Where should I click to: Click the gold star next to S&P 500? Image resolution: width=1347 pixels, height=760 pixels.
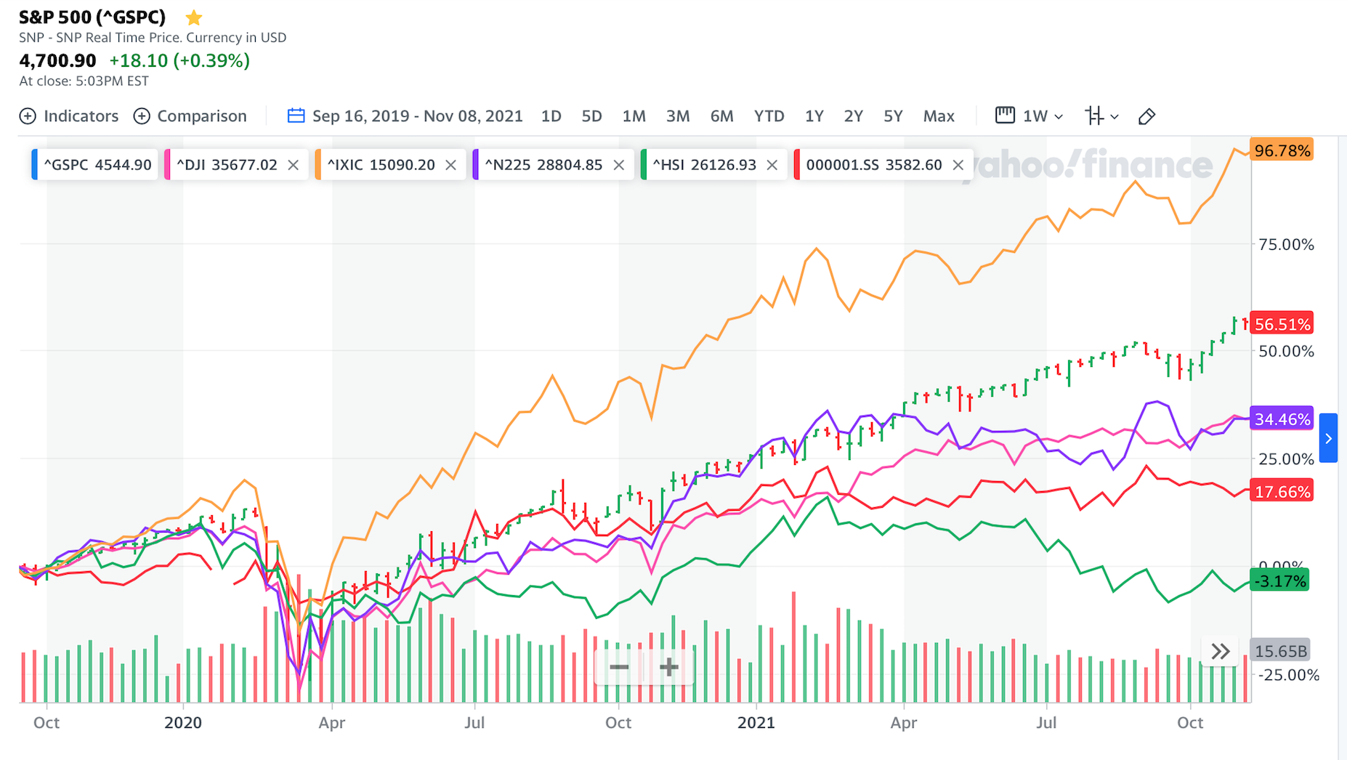click(x=194, y=17)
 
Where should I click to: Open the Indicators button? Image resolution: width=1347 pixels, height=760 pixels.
click(x=69, y=116)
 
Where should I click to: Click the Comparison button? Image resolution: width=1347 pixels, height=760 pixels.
click(x=190, y=116)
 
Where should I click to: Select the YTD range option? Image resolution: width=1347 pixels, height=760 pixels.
click(x=769, y=116)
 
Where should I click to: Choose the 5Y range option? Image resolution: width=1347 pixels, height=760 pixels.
click(x=893, y=116)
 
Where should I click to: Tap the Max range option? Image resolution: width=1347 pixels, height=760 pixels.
click(x=939, y=116)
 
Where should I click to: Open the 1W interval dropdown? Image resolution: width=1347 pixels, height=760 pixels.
click(x=1030, y=116)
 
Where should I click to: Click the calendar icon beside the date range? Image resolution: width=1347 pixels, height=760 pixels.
click(x=296, y=116)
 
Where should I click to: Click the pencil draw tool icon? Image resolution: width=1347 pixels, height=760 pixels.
click(x=1146, y=116)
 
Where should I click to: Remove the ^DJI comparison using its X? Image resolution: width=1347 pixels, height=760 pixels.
click(x=294, y=165)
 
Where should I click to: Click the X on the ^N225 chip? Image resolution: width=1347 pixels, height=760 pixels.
click(x=619, y=165)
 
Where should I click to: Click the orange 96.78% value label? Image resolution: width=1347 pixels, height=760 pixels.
click(x=1282, y=150)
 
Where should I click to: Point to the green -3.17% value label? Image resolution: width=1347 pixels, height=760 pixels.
click(x=1279, y=581)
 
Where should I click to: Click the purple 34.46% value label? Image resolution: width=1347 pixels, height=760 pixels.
click(x=1282, y=419)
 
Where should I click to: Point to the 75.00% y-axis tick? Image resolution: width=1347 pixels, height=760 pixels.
click(x=1286, y=244)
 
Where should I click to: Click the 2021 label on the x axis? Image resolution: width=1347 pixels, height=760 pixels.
click(x=756, y=722)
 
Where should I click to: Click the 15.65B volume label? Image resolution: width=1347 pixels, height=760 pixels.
click(x=1281, y=651)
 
